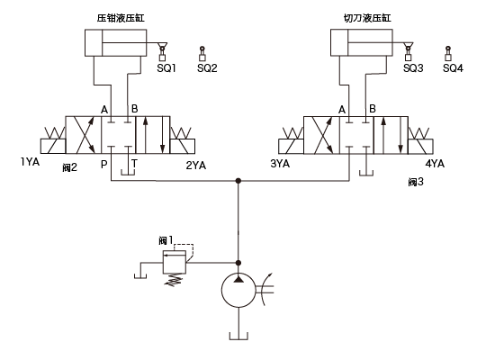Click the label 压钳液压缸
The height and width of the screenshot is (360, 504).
tap(121, 18)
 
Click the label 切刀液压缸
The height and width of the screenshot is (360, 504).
tap(367, 18)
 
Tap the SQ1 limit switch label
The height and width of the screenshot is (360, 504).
tap(166, 68)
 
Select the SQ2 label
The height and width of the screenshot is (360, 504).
tap(207, 68)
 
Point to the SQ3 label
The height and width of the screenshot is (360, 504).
tap(413, 68)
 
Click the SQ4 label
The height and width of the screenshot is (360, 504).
tap(454, 68)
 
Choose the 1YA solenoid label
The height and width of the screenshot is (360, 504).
tap(31, 162)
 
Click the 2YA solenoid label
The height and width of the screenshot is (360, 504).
tap(196, 166)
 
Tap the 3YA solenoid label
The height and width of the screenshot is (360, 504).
tap(280, 164)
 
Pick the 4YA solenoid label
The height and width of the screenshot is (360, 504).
tap(435, 164)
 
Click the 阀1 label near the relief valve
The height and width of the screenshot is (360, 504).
tap(166, 240)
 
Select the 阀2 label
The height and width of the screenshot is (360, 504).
tap(70, 167)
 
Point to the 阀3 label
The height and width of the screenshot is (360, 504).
tap(416, 182)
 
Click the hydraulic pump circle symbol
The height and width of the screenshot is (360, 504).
tap(238, 290)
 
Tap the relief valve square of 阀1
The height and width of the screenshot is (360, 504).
tap(175, 262)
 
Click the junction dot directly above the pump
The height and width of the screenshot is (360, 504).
tap(238, 263)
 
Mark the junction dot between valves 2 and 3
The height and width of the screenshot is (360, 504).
tap(238, 181)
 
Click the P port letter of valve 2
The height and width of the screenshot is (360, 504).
tap(103, 165)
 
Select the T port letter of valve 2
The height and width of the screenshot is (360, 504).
tap(134, 164)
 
